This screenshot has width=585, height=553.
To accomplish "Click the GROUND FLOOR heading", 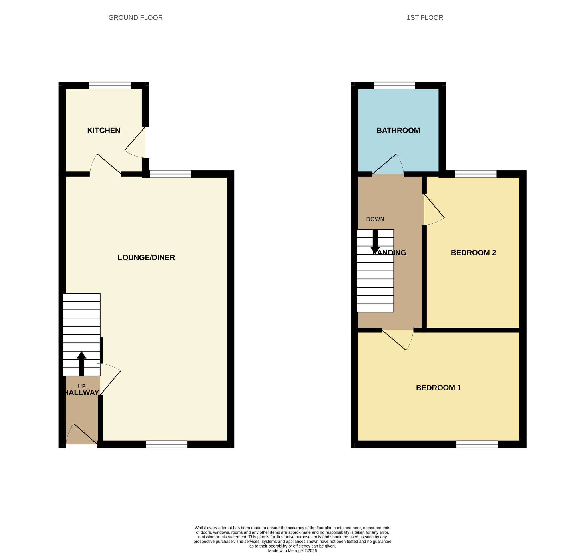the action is pos(136,18).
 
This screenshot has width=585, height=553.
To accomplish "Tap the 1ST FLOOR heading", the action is pos(425,18).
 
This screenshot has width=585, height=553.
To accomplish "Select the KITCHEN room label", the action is pos(104,130).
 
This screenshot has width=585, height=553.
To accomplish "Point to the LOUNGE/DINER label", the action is pos(146,257).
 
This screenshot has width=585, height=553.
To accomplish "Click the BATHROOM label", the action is pos(398,130).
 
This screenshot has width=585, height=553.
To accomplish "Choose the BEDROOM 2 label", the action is pos(473,253).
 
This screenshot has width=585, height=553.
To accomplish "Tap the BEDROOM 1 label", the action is pos(438,388).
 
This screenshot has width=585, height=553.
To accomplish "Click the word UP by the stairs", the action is pos(82,386).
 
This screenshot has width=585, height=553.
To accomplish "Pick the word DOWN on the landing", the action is pos(375,219).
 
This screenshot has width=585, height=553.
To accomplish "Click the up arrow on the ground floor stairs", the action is pos(82,364).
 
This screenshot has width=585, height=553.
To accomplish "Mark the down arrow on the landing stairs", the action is pos(375,242).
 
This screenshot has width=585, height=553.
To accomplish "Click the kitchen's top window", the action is pos(110,85).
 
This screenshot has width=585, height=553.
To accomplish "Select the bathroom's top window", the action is pos(394,85).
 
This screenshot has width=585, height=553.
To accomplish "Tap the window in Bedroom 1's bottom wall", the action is pos(477,444).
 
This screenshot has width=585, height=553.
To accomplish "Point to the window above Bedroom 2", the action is pos(476,174).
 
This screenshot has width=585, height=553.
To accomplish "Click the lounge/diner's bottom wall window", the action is pos(167,444).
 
